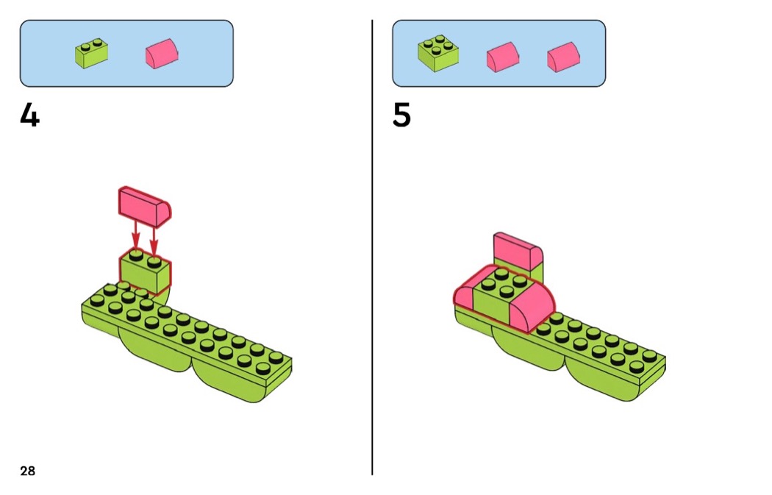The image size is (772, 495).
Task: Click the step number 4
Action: (x=29, y=115)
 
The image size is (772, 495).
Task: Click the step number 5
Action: (x=401, y=115)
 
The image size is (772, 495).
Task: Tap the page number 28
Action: (x=27, y=471)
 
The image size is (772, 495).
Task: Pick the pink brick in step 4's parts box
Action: (x=162, y=54)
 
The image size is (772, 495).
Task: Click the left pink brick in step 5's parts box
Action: (x=503, y=56)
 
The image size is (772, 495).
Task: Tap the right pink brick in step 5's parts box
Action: (x=563, y=56)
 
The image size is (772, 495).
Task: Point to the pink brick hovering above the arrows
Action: (x=144, y=204)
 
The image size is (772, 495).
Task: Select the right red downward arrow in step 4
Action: (x=154, y=237)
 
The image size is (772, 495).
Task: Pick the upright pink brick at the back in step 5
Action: (x=518, y=252)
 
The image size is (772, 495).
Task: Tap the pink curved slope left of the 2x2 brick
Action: (x=463, y=294)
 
